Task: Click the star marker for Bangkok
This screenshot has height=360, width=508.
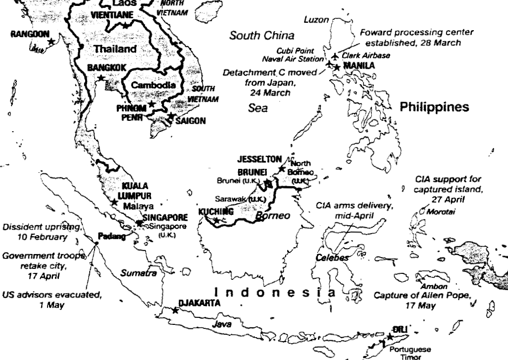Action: tap(101, 78)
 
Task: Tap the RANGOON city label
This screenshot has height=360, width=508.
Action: tap(30, 34)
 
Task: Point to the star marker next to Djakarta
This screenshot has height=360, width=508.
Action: tap(175, 310)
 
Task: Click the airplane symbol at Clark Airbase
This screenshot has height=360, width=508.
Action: tap(336, 56)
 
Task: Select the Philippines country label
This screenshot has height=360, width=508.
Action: tap(434, 107)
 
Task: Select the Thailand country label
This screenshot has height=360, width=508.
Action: tap(115, 49)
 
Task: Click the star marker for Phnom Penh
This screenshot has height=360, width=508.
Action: tap(152, 104)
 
